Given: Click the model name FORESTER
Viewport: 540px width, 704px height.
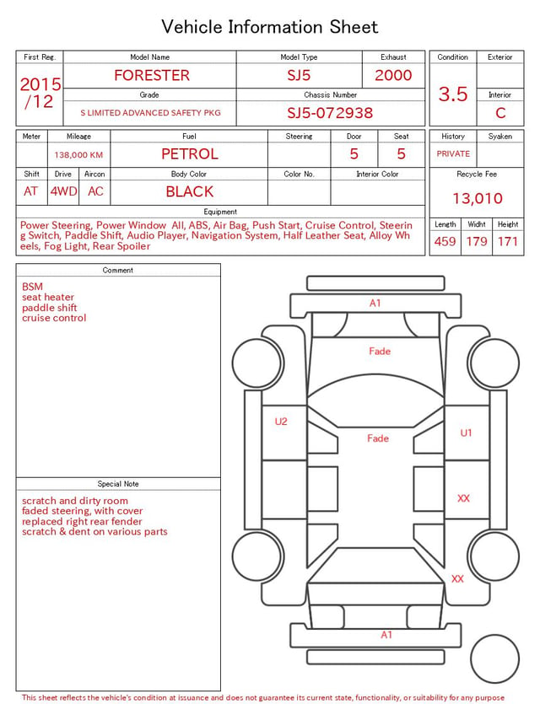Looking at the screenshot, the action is [152, 75].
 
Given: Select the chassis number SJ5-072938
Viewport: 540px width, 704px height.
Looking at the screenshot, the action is [330, 113].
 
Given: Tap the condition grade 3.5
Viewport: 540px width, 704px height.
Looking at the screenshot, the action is [453, 94].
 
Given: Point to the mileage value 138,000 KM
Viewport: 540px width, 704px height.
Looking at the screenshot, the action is [78, 155].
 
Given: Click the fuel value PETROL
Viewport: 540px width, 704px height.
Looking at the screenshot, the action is [190, 154].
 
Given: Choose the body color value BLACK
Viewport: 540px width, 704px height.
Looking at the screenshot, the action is [190, 191].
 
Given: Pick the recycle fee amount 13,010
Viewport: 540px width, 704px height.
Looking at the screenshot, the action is [477, 198].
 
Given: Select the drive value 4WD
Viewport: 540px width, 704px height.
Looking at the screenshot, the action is [63, 191].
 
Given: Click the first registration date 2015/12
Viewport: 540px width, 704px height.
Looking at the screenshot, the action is [40, 93].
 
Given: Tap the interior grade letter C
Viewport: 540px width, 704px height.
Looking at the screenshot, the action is [500, 113].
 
